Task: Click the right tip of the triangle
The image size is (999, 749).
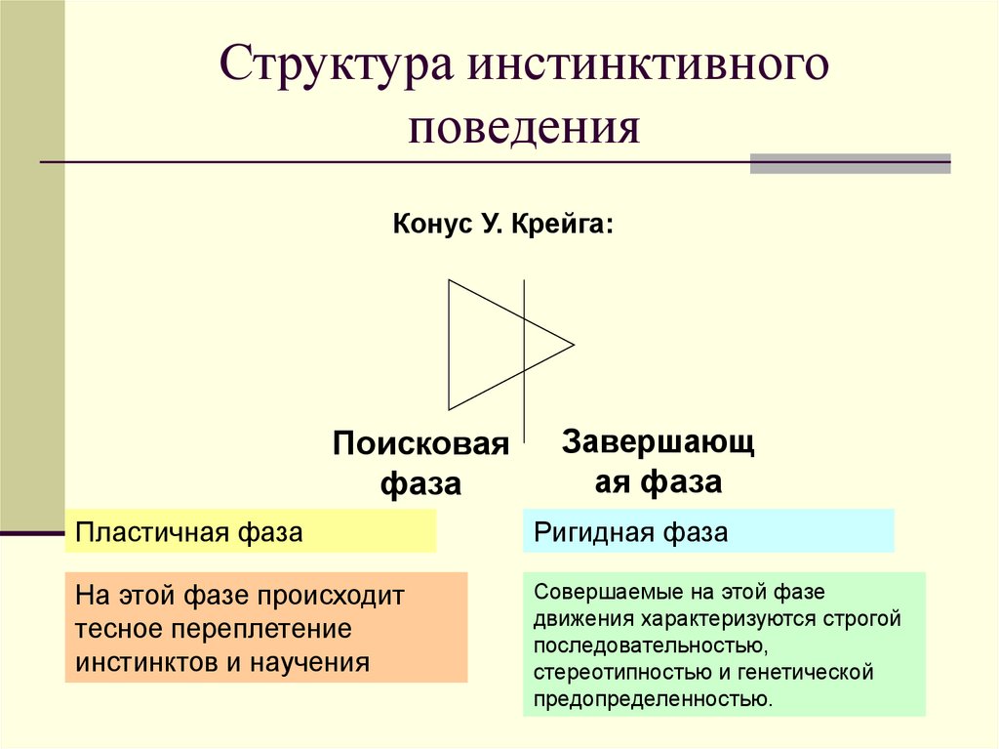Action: point(573,344)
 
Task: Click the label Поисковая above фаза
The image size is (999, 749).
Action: point(420,444)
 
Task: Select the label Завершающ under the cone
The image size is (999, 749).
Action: point(658,441)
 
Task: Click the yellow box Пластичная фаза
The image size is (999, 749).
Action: point(251,533)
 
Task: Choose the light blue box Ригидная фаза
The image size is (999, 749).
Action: point(708,533)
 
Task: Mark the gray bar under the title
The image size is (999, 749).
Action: point(850,163)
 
